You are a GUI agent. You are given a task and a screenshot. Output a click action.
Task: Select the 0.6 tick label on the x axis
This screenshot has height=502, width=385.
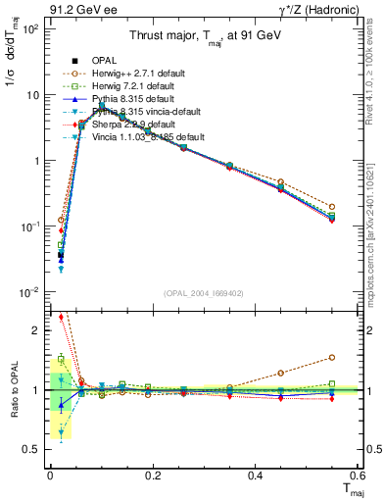pos(359,476)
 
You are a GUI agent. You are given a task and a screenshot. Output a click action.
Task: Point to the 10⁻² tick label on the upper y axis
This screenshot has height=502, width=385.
pos(30,292)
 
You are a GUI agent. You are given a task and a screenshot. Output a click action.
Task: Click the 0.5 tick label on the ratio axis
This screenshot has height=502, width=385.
pos(32,449)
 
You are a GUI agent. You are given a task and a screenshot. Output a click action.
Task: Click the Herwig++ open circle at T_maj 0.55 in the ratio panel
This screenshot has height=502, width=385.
pos(332,358)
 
